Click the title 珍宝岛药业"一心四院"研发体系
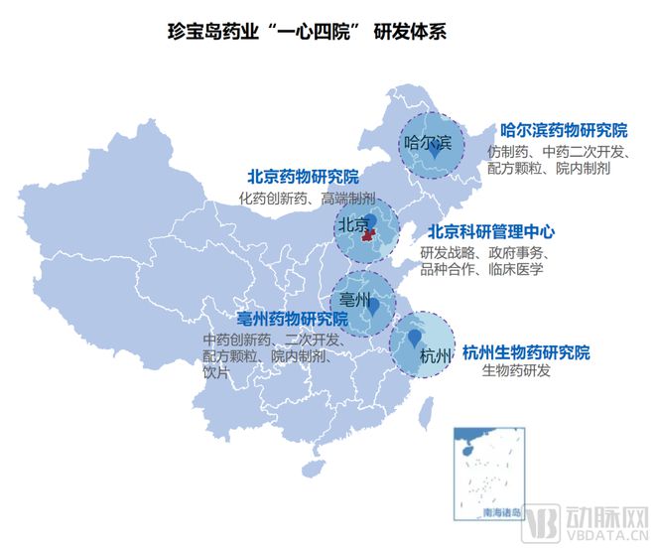coord(307,31)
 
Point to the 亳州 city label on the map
coord(355,299)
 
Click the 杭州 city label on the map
coord(436,355)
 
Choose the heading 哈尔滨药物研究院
coord(563,130)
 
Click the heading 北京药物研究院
coord(303,177)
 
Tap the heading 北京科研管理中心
coord(491,231)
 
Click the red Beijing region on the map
coord(368,236)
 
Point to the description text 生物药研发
coord(515,372)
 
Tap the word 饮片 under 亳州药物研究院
coord(215,372)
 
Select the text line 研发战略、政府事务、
coord(483,252)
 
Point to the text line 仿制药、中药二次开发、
coord(560,152)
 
